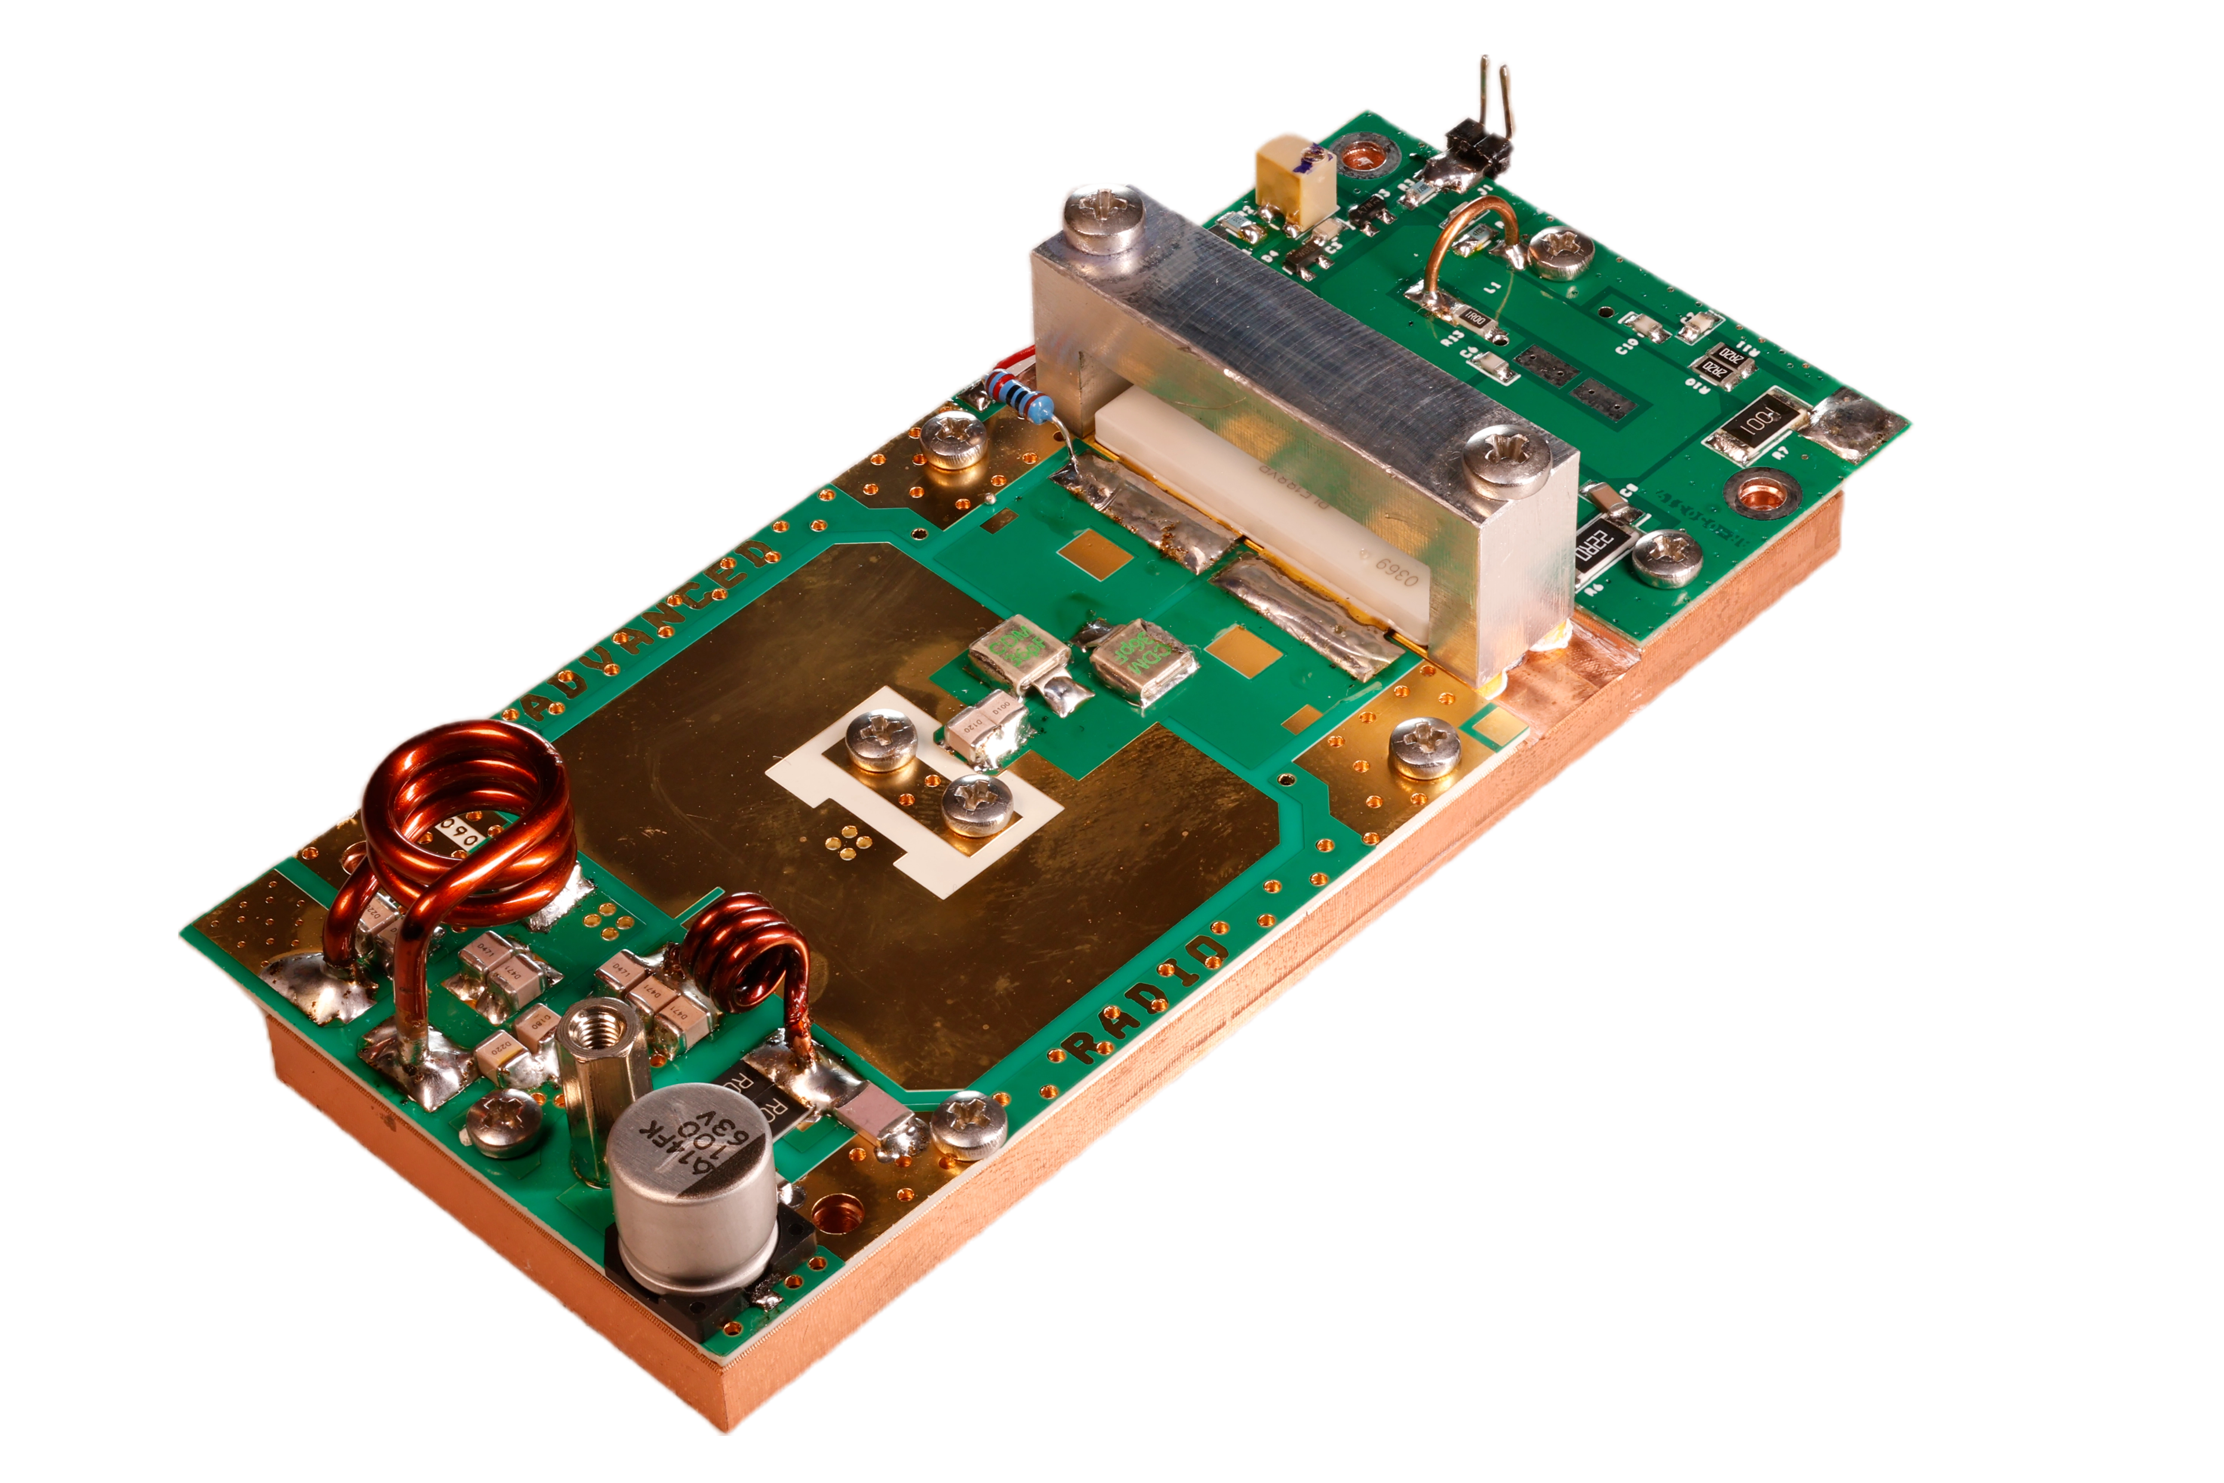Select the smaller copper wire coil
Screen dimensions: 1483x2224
point(747,955)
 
